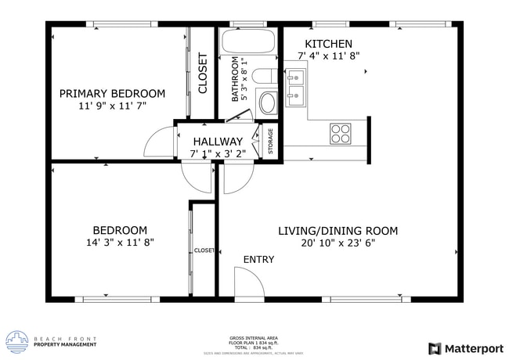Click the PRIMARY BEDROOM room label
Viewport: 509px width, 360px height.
[112, 93]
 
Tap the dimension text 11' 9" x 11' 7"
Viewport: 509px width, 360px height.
[112, 105]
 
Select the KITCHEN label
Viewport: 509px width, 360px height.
[328, 44]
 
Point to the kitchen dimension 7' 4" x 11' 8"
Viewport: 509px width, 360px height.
[328, 56]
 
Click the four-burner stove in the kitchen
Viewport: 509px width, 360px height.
[340, 133]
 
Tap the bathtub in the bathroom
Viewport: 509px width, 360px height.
[247, 45]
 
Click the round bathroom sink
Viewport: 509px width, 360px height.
[267, 103]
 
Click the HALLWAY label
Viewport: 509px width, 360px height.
[218, 141]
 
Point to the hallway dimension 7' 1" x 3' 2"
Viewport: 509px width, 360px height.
[218, 153]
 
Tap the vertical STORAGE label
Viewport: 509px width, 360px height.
[271, 142]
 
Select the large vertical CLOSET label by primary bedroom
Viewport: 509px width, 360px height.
[203, 73]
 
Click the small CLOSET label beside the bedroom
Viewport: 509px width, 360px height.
[204, 250]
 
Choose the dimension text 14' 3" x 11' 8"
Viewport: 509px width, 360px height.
[120, 243]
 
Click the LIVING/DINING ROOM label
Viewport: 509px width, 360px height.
[338, 231]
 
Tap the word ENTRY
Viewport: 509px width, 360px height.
[258, 260]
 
